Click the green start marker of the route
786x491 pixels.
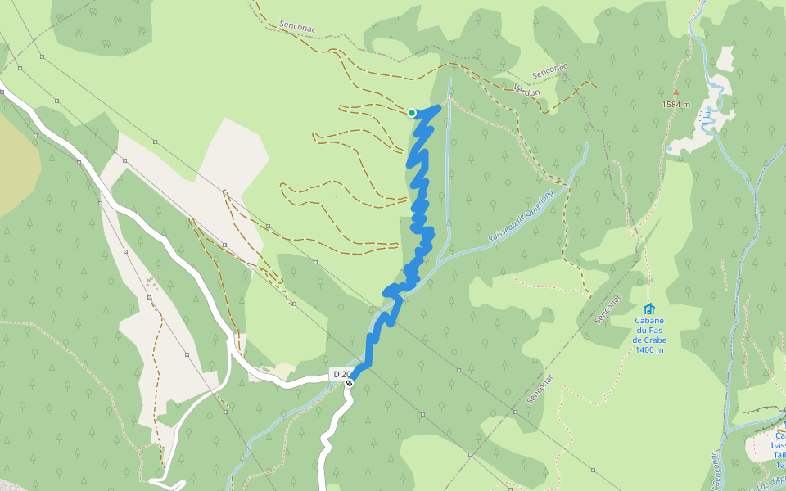point(412,113)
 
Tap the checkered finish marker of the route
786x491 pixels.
point(349,382)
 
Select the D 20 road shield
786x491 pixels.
point(341,374)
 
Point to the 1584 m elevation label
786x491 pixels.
point(676,105)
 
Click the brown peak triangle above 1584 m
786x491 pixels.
point(676,92)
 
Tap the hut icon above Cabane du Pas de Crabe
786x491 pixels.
point(648,309)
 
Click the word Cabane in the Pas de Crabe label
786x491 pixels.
point(648,321)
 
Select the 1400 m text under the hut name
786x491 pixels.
point(648,350)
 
